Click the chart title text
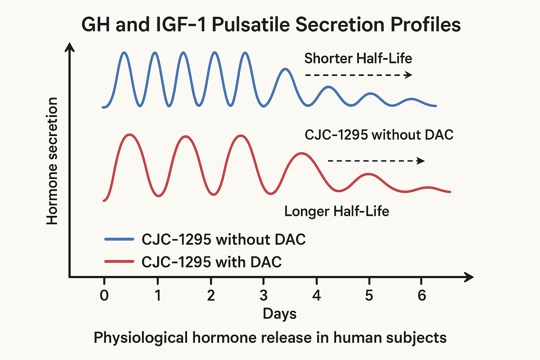click(271, 25)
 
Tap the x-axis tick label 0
click(104, 295)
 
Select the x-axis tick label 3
click(263, 295)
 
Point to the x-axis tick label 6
click(422, 295)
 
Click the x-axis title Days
click(279, 314)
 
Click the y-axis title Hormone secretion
click(52, 161)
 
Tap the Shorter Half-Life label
click(358, 58)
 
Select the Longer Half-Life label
click(336, 212)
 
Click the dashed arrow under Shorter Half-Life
click(358, 75)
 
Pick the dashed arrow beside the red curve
click(375, 161)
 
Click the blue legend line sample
click(119, 239)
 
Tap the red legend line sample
click(119, 262)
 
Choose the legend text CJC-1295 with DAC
click(211, 262)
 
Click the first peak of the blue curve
click(124, 53)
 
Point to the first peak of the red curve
click(130, 135)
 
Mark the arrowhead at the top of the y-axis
click(70, 47)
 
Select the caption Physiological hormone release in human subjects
click(270, 338)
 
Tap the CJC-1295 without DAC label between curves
click(379, 135)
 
